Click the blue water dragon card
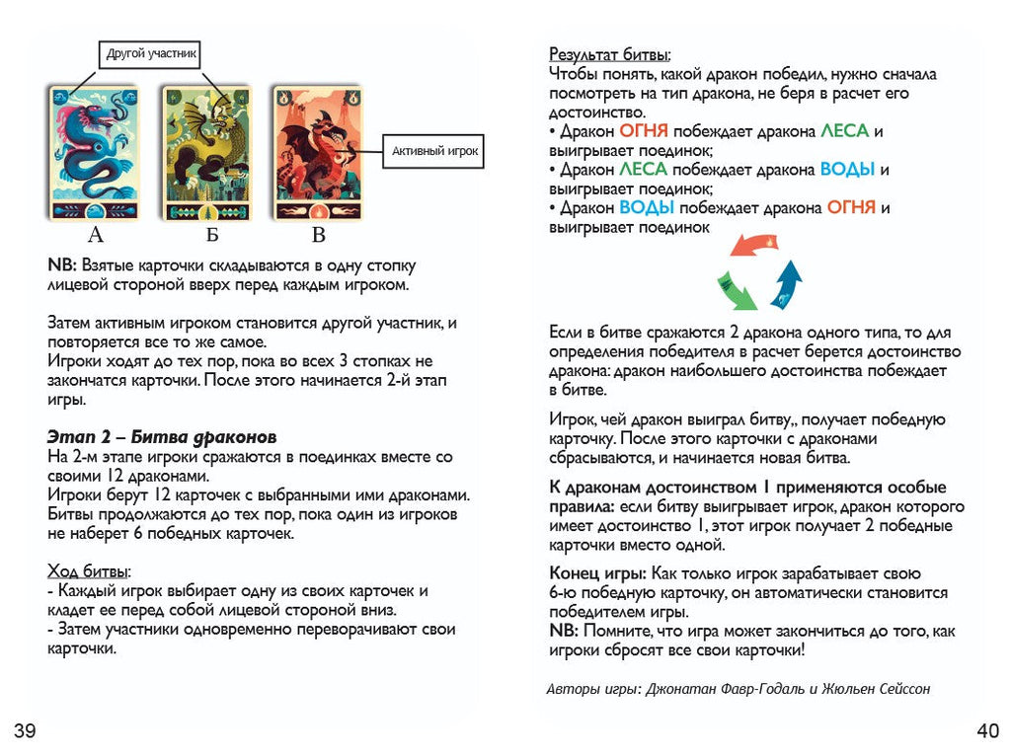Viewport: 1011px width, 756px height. [x=96, y=153]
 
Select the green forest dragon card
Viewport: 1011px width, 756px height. [x=207, y=153]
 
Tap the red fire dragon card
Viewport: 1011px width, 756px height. [x=318, y=153]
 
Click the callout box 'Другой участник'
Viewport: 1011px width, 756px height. [x=152, y=53]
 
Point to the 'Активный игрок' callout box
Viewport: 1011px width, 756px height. [x=434, y=151]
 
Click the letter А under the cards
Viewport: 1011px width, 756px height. [x=96, y=235]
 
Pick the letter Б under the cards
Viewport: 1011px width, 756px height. [x=211, y=235]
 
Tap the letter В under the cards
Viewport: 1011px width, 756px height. [x=318, y=235]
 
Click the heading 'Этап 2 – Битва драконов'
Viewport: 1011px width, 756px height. [x=162, y=437]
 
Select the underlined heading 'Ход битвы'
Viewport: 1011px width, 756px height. [x=90, y=571]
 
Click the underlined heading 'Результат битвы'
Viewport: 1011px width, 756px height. [x=609, y=54]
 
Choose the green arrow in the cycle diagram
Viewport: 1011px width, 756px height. [x=736, y=290]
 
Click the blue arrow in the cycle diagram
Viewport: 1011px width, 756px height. [x=786, y=284]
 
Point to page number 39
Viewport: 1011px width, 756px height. [x=25, y=731]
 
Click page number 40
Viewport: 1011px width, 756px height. [x=986, y=731]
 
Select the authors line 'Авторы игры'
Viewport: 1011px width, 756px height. [x=738, y=689]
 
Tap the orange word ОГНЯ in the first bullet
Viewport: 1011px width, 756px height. [x=644, y=131]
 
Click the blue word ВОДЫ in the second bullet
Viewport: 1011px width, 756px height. [x=847, y=169]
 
